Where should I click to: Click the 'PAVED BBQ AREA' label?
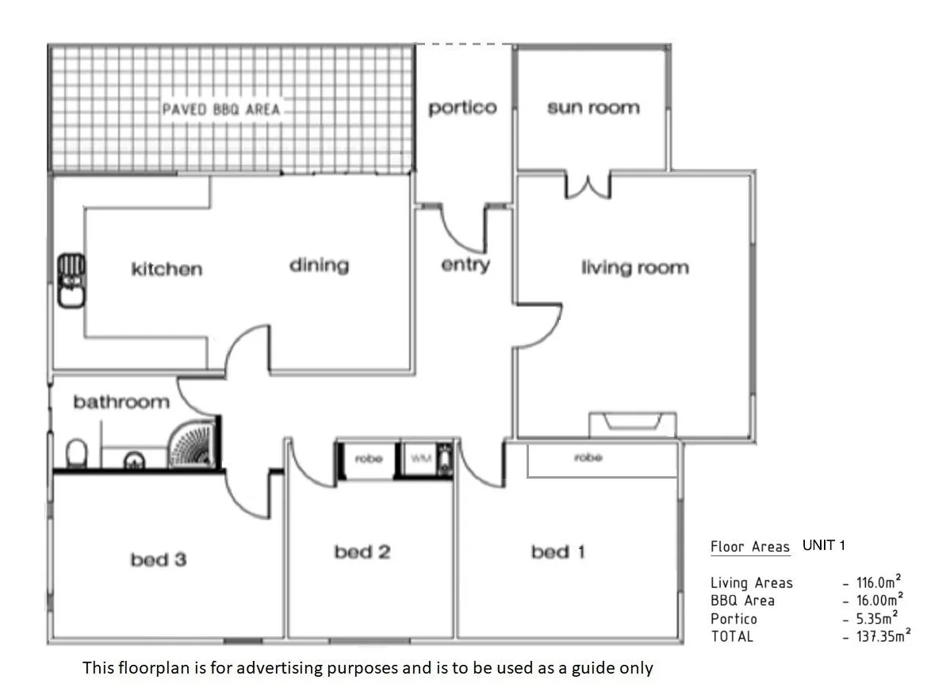pyautogui.click(x=221, y=109)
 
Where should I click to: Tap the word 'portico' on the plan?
pyautogui.click(x=462, y=108)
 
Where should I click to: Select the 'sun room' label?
pyautogui.click(x=592, y=108)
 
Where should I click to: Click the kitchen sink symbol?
pyautogui.click(x=71, y=280)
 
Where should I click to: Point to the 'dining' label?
pyautogui.click(x=319, y=265)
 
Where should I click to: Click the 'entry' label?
pyautogui.click(x=465, y=265)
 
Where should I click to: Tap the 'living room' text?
pyautogui.click(x=634, y=268)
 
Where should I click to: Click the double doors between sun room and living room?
pyautogui.click(x=588, y=185)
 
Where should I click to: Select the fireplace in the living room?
pyautogui.click(x=633, y=423)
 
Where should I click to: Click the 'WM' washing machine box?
pyautogui.click(x=418, y=459)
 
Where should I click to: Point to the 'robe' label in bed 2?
pyautogui.click(x=368, y=459)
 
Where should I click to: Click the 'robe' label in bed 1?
pyautogui.click(x=588, y=458)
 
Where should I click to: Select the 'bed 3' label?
pyautogui.click(x=159, y=560)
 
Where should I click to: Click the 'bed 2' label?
pyautogui.click(x=362, y=552)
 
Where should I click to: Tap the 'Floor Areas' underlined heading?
pyautogui.click(x=749, y=547)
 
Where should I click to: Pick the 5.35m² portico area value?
pyautogui.click(x=876, y=618)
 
